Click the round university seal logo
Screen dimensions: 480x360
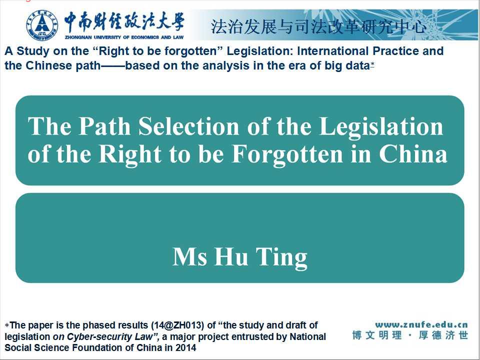pos(42,25)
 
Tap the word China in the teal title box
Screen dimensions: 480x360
pos(413,154)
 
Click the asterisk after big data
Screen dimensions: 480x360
pos(372,64)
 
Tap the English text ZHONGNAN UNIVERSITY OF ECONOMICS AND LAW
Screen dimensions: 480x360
pos(124,37)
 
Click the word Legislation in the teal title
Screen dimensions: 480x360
pos(381,126)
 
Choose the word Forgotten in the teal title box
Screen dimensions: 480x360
pos(287,154)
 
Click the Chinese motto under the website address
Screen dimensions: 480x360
pos(410,335)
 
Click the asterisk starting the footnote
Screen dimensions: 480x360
pos(7,325)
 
